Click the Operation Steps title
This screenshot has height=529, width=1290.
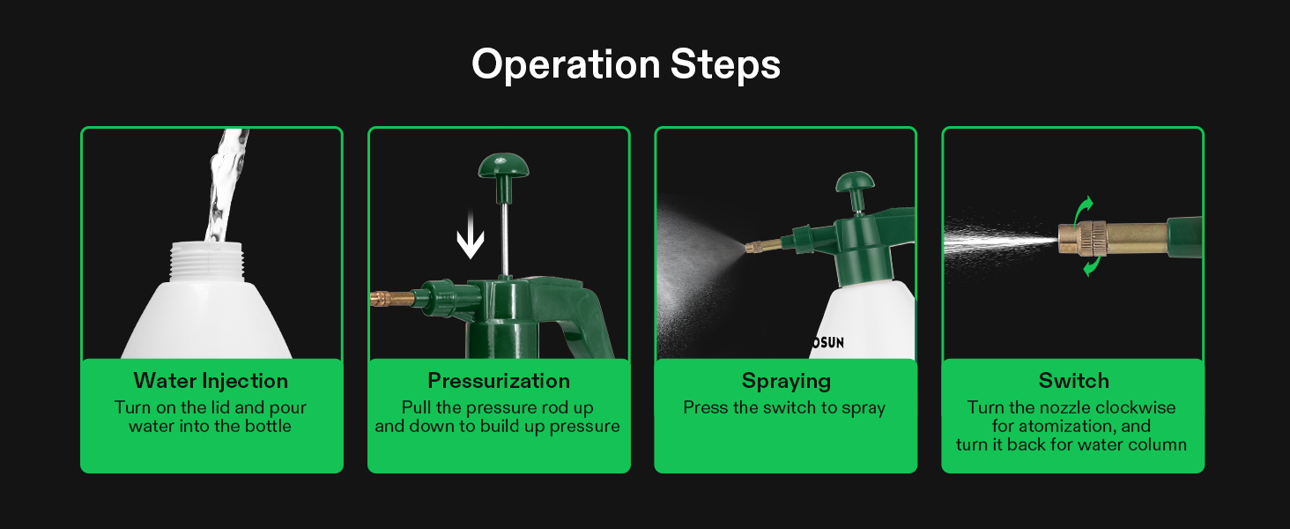click(x=626, y=64)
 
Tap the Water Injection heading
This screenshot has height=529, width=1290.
click(x=211, y=381)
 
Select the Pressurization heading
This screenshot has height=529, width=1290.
click(x=499, y=381)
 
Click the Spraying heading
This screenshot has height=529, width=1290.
click(x=786, y=382)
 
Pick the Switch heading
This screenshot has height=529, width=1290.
click(x=1073, y=381)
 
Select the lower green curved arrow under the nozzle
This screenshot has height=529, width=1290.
click(x=1092, y=266)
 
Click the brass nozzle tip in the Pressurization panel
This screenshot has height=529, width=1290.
click(x=392, y=299)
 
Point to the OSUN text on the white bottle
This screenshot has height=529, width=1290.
click(x=827, y=343)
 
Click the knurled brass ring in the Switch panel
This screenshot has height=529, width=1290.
click(x=1093, y=239)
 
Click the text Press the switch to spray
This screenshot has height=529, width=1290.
click(x=784, y=408)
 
